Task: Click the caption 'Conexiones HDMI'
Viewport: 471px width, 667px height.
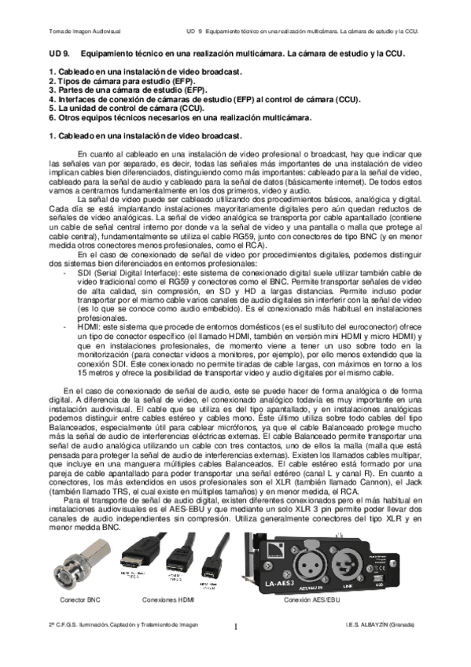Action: tap(169, 599)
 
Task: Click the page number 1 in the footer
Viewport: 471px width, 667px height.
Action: tap(235, 627)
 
